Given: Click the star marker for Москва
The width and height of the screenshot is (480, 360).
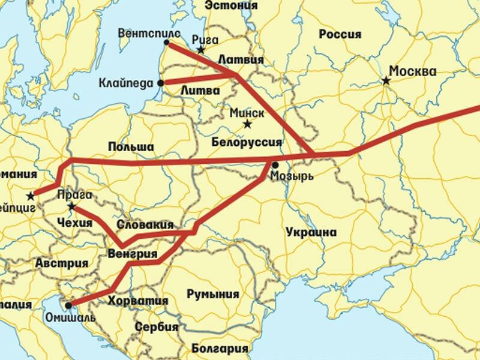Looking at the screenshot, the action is [x=387, y=80].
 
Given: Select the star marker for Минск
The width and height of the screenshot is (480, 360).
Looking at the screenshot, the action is [x=247, y=124].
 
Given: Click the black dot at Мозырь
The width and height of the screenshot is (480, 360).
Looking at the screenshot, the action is [x=275, y=164].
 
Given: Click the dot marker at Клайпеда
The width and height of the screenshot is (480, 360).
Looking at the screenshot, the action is [x=160, y=83].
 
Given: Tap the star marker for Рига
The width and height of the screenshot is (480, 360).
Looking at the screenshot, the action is [x=200, y=50].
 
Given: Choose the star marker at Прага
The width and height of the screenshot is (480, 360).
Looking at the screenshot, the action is [x=71, y=207].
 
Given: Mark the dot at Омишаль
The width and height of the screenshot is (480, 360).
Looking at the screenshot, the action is [x=68, y=305].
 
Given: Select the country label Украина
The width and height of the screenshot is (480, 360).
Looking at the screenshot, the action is [x=311, y=232].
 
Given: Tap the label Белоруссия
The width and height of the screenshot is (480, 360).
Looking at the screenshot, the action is [x=247, y=142].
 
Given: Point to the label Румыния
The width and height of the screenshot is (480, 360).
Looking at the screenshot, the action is [x=212, y=294].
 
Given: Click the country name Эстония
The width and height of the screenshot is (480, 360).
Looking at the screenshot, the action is [x=231, y=5].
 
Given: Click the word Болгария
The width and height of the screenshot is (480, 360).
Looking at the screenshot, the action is [x=220, y=348].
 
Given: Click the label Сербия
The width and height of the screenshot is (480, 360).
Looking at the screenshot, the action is [x=157, y=327].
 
